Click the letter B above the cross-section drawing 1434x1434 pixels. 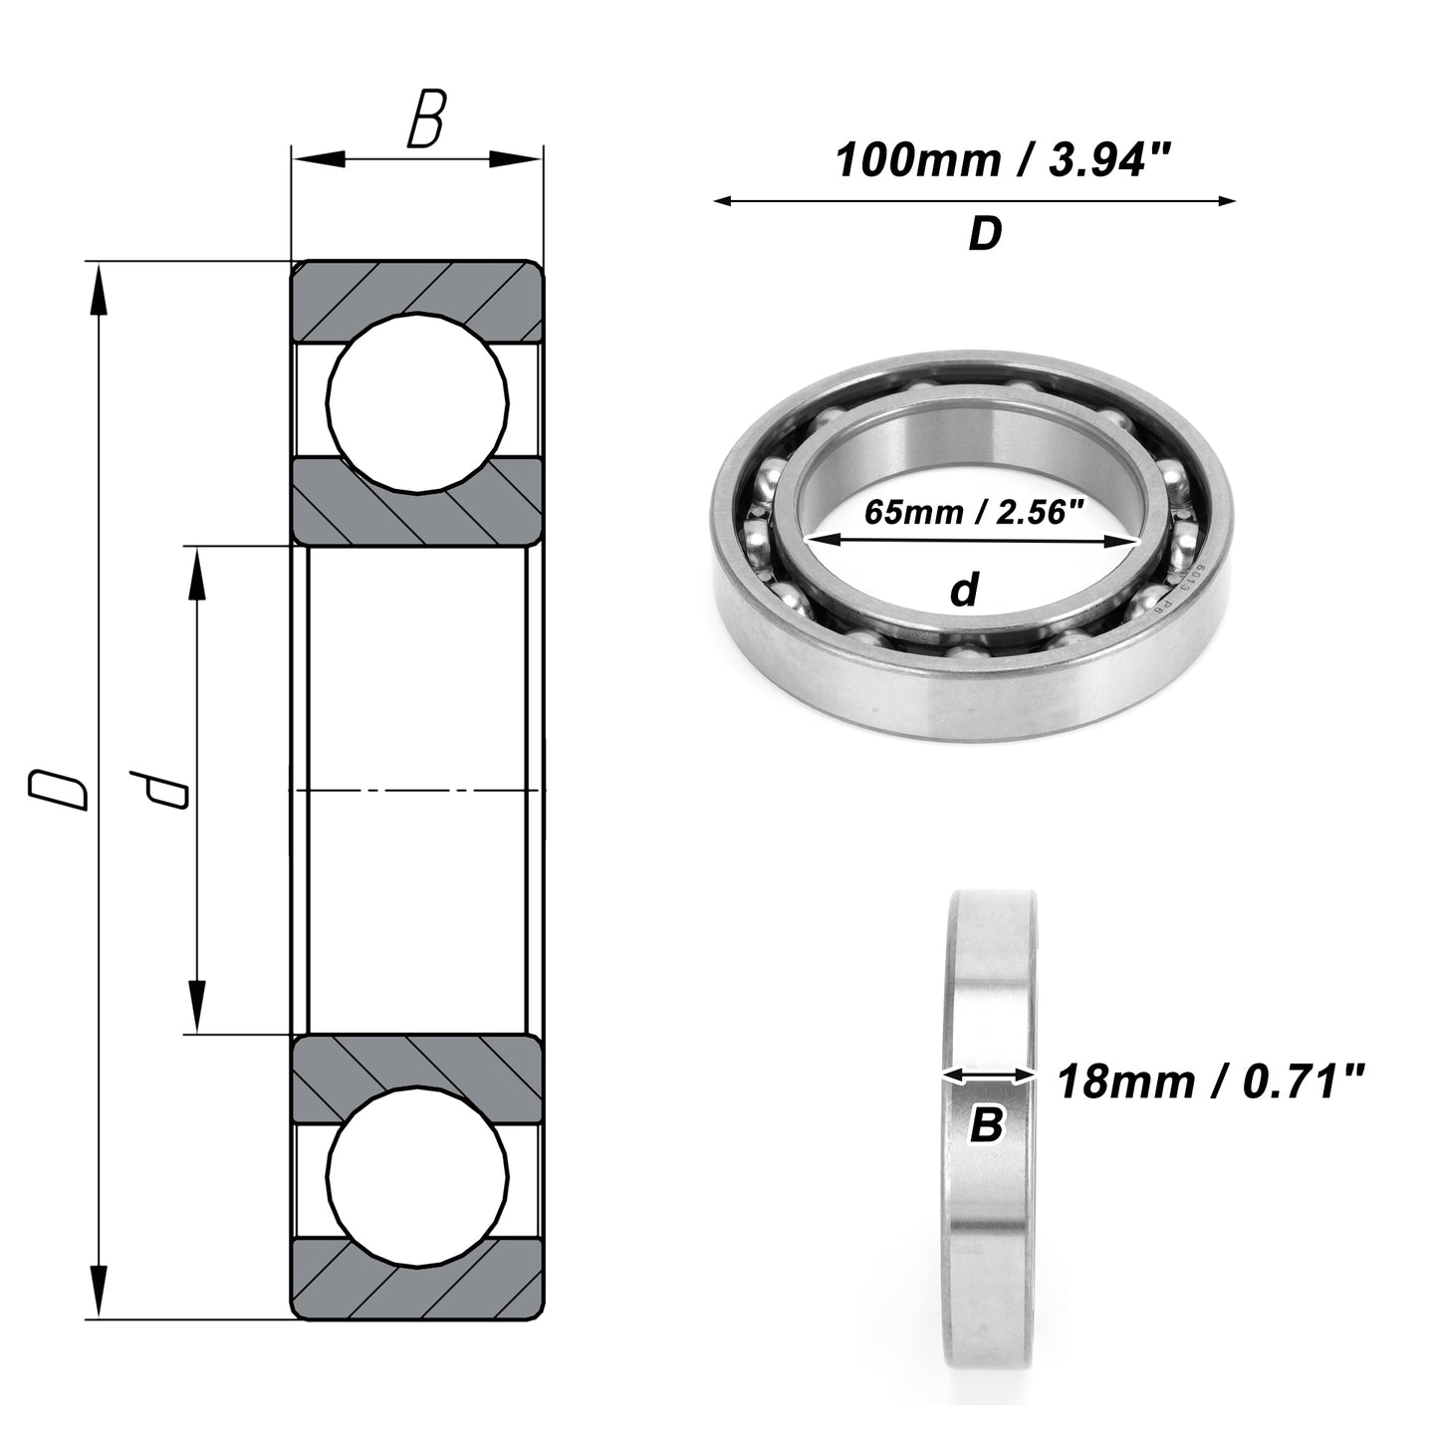426,119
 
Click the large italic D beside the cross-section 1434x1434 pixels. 58,790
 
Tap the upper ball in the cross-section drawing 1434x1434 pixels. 418,402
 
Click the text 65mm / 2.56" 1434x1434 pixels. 974,512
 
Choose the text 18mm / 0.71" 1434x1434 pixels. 1211,1082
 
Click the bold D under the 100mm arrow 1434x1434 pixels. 985,234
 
